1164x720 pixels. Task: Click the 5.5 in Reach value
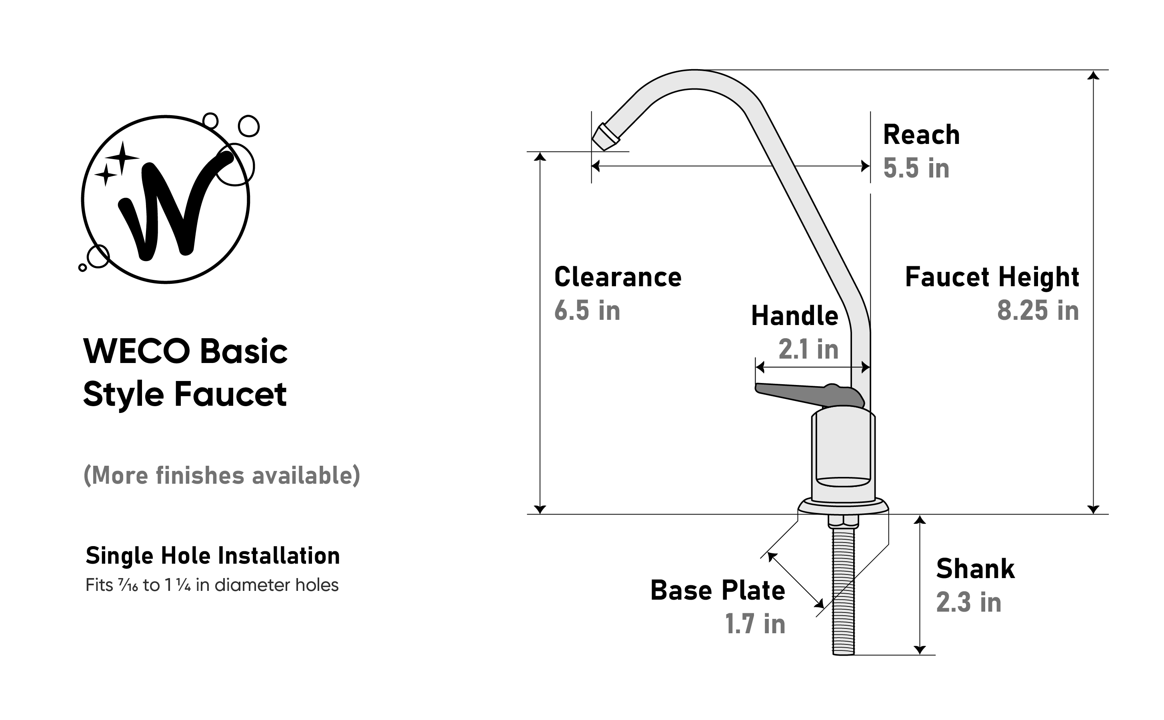pyautogui.click(x=916, y=168)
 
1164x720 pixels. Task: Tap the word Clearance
pyautogui.click(x=618, y=277)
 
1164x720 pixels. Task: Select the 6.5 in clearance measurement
pyautogui.click(x=587, y=311)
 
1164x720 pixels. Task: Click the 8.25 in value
pyautogui.click(x=1038, y=311)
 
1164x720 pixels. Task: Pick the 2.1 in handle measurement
pyautogui.click(x=808, y=349)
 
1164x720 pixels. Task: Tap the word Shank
pyautogui.click(x=975, y=568)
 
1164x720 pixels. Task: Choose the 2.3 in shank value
pyautogui.click(x=969, y=602)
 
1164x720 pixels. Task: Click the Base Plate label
pyautogui.click(x=718, y=590)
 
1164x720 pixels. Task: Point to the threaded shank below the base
pyautogui.click(x=843, y=590)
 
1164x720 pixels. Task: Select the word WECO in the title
pyautogui.click(x=137, y=351)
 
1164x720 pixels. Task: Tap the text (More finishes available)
pyautogui.click(x=222, y=475)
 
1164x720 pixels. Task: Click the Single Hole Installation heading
pyautogui.click(x=212, y=556)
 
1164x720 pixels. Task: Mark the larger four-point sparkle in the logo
pyautogui.click(x=122, y=158)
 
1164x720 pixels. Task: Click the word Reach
pyautogui.click(x=922, y=135)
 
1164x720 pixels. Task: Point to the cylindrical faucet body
pyautogui.click(x=843, y=455)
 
